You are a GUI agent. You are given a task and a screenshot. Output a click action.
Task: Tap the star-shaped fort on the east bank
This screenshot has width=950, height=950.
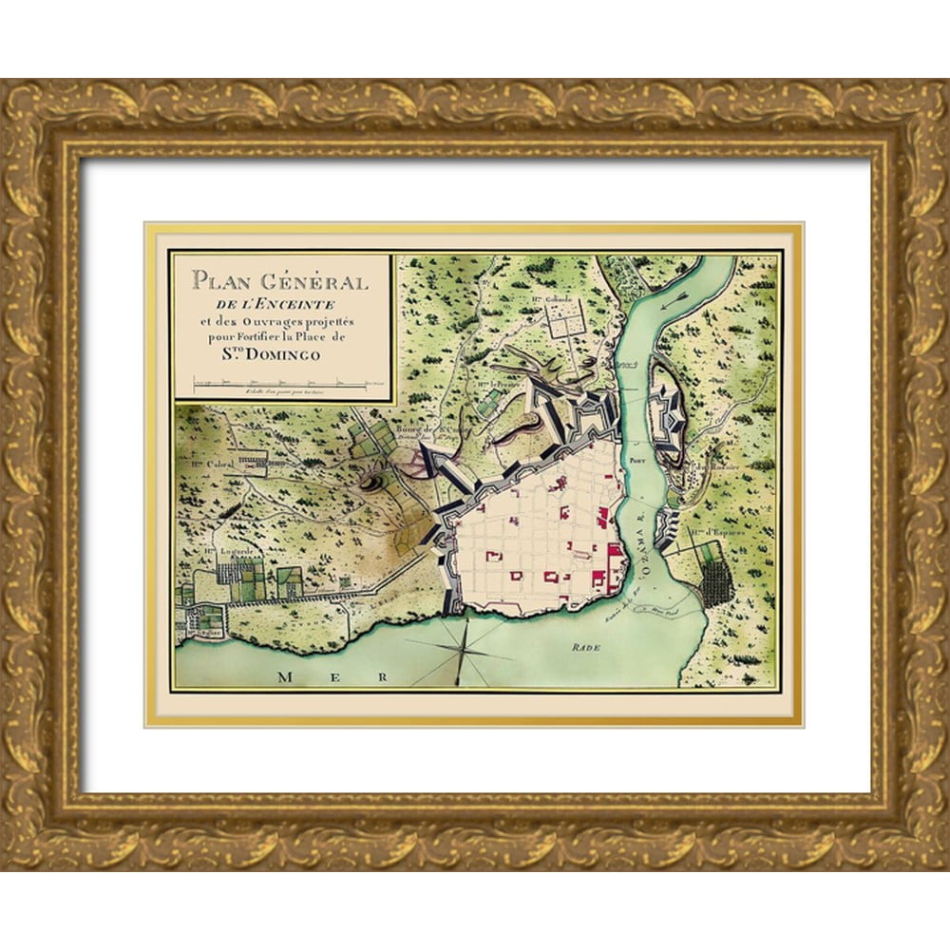click(670, 417)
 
